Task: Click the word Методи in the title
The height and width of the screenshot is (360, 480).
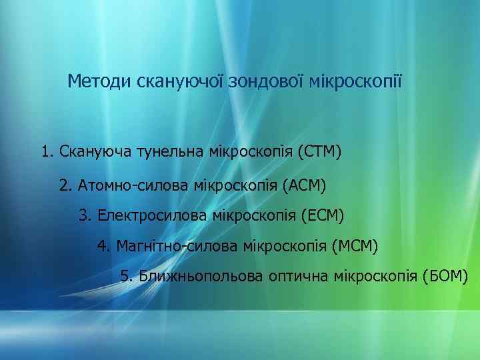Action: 91,81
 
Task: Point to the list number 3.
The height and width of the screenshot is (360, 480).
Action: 84,215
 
